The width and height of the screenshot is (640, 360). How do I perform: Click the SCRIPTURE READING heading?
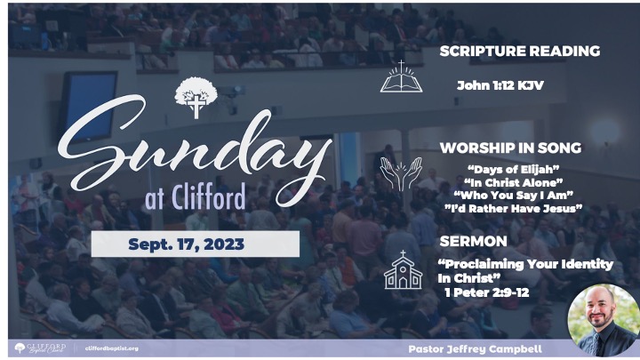[x=520, y=51]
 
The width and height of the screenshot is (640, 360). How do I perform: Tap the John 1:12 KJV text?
[x=500, y=85]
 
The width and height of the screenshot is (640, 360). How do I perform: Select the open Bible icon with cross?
[x=401, y=76]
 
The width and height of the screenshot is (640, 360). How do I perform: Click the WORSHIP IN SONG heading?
[x=510, y=148]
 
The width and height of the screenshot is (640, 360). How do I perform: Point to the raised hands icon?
[x=401, y=174]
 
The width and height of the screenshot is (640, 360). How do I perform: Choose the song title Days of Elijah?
[x=514, y=170]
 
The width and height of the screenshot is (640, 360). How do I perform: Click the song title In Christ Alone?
[x=514, y=182]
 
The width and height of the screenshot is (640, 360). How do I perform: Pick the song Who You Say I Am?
[x=514, y=195]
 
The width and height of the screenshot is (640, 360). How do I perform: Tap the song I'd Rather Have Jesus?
[x=514, y=208]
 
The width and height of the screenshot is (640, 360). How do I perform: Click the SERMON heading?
[x=473, y=241]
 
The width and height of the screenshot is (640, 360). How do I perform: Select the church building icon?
[x=403, y=270]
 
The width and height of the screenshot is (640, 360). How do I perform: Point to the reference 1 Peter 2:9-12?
[x=487, y=292]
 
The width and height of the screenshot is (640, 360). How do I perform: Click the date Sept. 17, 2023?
[x=186, y=244]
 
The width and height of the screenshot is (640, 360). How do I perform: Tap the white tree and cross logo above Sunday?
[x=196, y=98]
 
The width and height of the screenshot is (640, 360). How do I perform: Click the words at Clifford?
[x=196, y=196]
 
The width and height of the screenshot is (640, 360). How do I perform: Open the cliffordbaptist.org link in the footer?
[x=112, y=348]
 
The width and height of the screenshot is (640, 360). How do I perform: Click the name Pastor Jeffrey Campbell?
[x=475, y=349]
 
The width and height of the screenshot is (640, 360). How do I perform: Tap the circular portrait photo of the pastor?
[x=604, y=320]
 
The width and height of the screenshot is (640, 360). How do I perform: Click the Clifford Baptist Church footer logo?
[x=40, y=348]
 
